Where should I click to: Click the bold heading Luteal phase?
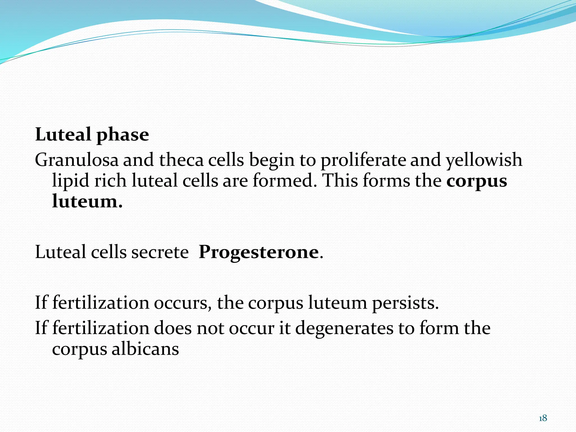point(92,135)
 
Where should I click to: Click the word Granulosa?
point(76,160)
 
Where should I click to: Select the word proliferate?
point(363,160)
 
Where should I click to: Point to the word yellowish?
point(484,160)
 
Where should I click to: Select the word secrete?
point(160,252)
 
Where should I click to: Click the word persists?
point(405,303)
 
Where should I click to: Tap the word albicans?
point(145,349)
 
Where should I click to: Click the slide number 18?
point(543,418)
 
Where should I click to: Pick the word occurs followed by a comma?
point(183,303)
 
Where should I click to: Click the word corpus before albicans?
point(79,350)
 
